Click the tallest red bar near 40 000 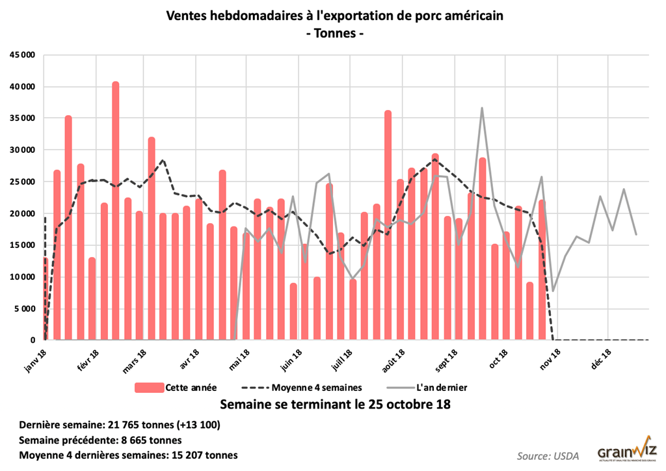coord(115,208)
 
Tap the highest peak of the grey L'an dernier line coord(482,109)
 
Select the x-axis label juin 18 coord(292,362)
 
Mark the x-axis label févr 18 coord(88,362)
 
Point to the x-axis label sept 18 coord(447,362)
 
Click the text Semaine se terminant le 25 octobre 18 coord(336,405)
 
